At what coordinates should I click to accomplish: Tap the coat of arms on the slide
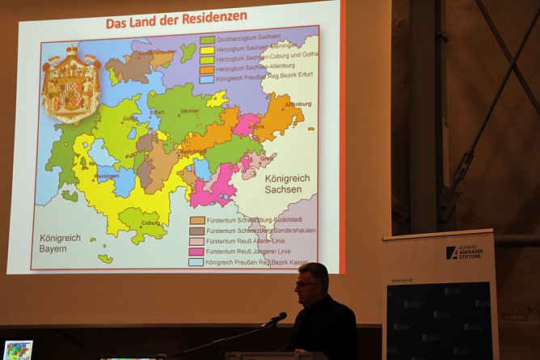tap(71, 84)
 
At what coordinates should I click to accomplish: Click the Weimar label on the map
tap(190, 111)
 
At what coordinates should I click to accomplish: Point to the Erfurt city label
tap(157, 113)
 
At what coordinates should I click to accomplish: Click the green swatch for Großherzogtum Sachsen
tap(208, 40)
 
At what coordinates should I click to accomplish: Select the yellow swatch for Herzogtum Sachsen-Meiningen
tap(208, 49)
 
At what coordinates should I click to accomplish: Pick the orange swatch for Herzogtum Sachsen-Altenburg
tap(208, 70)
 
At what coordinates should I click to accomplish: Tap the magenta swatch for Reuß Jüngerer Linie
tap(196, 252)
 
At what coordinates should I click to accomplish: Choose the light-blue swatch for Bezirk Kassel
tap(196, 262)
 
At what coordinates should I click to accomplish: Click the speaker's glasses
tap(306, 283)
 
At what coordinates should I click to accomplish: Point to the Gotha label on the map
tap(129, 118)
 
